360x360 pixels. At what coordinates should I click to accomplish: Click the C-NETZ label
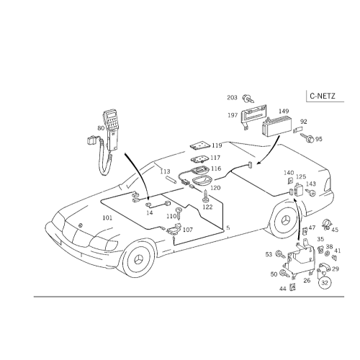pyautogui.click(x=323, y=96)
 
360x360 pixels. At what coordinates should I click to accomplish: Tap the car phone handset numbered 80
pyautogui.click(x=112, y=131)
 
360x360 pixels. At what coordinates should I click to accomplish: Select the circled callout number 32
pyautogui.click(x=325, y=283)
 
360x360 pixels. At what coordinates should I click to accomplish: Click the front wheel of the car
pyautogui.click(x=138, y=259)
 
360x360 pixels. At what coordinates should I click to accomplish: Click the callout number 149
pyautogui.click(x=284, y=111)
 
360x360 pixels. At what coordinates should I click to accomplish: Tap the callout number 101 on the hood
pyautogui.click(x=107, y=218)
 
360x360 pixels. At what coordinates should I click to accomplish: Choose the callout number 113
pyautogui.click(x=165, y=171)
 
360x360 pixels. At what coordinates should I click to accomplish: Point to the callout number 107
pyautogui.click(x=188, y=230)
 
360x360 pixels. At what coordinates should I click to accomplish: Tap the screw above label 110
pyautogui.click(x=179, y=213)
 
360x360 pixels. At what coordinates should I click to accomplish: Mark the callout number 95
pyautogui.click(x=319, y=139)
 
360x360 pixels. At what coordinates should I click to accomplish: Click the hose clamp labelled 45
pyautogui.click(x=326, y=225)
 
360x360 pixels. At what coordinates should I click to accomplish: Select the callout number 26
pyautogui.click(x=307, y=280)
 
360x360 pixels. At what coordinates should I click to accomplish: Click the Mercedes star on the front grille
pyautogui.click(x=81, y=225)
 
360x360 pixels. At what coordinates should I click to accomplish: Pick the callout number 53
pyautogui.click(x=269, y=254)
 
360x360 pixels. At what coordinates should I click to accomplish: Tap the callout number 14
pyautogui.click(x=149, y=213)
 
